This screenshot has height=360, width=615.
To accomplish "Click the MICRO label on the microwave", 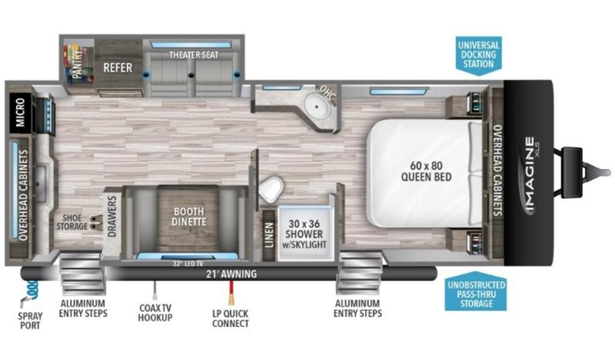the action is coord(20,113).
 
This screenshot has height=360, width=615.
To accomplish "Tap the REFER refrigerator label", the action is coord(118,68).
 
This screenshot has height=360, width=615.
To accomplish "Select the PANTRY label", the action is coord(78,63).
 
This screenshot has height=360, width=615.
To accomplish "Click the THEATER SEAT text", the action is coord(194,55).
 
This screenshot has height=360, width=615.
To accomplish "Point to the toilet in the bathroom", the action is coord(271,189).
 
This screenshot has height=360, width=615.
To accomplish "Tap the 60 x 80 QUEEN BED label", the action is coord(426,171).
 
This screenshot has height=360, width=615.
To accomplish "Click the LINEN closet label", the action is coord(270,235).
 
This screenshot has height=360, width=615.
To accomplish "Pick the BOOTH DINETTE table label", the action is coord(189,216).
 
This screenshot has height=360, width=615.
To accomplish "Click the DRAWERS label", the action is coord(112,216).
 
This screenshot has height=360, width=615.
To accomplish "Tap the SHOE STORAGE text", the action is coord(72,222).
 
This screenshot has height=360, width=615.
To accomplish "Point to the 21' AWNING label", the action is coord(232,274).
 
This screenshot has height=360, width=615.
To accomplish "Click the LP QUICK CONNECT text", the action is coord(231,318).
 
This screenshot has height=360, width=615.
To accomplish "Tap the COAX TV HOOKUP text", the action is coord(155,312).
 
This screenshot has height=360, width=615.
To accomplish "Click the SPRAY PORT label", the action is coord(30,321).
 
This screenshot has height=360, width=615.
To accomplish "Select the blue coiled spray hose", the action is coord(32,289).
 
